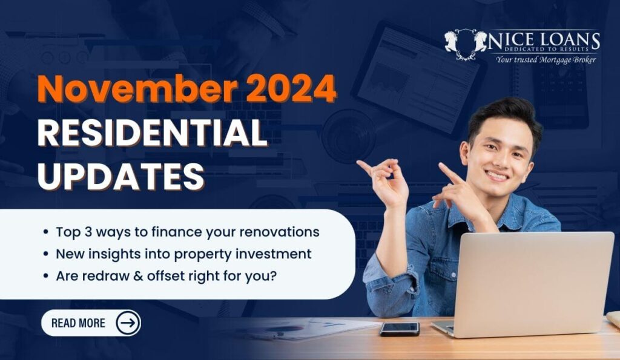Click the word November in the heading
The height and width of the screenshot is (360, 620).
coord(137,88)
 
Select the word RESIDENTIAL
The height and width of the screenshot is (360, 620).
coord(152,134)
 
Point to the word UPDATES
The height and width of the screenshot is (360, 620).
coord(120,176)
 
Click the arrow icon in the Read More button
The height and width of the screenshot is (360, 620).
coord(128,323)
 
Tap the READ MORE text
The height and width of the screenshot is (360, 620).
coord(78,323)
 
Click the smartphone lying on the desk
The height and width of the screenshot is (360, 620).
coord(400,329)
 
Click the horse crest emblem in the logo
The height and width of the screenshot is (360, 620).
coord(466,44)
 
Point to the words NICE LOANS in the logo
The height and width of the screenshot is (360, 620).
coord(544,41)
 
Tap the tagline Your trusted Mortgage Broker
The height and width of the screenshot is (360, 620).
coord(546,60)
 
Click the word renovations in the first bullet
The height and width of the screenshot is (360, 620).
coord(280,232)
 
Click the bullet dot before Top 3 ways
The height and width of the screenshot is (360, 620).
coord(46,232)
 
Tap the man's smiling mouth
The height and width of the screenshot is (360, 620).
coord(497,175)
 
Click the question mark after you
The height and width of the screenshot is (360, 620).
coord(273,276)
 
